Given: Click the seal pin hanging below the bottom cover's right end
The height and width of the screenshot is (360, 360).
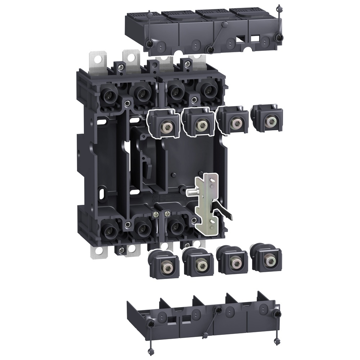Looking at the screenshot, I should coord(277,348).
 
